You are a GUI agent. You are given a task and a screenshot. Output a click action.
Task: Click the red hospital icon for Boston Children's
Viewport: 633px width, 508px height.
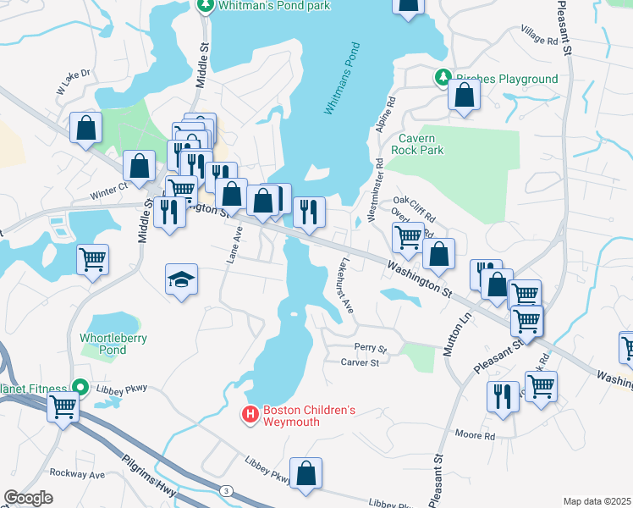[250, 415]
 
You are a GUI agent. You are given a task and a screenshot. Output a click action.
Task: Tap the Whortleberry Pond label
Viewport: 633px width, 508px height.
[113, 344]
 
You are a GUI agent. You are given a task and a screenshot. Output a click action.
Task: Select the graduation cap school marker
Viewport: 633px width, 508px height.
[181, 280]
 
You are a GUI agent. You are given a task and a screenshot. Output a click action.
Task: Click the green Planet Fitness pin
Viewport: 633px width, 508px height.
[81, 389]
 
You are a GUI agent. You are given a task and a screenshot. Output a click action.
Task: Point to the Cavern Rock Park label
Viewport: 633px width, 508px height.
[417, 144]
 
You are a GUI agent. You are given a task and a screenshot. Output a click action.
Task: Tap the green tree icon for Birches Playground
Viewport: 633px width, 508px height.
[442, 79]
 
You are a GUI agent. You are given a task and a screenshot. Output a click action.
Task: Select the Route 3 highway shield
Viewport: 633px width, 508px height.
[226, 491]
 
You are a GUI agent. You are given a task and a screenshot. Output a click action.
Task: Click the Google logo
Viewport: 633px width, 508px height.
[29, 498]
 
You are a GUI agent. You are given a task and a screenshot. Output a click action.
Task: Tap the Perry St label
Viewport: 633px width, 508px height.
[370, 349]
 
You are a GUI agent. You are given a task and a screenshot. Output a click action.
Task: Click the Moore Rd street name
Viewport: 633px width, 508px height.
[475, 435]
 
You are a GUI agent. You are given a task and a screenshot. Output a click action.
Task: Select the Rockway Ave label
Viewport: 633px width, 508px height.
[76, 472]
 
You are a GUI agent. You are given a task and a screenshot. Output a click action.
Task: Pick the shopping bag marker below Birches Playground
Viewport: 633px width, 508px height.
[464, 96]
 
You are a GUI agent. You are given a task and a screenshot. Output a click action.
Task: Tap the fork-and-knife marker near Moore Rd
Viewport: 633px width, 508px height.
[503, 396]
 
